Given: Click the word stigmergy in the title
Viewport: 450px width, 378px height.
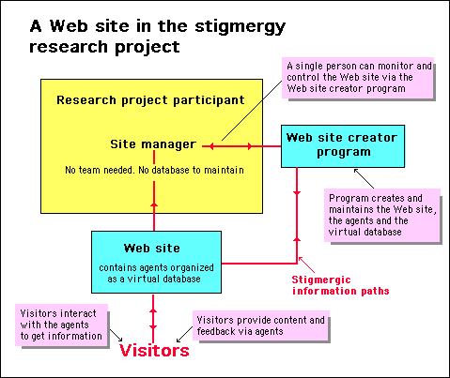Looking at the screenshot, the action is (240, 27).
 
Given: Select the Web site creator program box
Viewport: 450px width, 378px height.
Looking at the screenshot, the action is (343, 146).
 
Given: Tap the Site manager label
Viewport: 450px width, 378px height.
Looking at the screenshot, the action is (153, 144).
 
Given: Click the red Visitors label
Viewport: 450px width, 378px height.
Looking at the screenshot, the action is (154, 350).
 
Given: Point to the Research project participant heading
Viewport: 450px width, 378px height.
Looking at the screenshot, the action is (150, 100).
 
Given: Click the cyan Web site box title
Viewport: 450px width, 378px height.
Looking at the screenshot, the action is (152, 249).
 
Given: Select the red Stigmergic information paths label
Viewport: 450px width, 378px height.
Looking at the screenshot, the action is (340, 285).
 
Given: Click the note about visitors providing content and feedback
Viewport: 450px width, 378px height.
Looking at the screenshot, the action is (260, 325).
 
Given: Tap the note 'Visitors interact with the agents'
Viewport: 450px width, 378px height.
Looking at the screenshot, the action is (61, 325).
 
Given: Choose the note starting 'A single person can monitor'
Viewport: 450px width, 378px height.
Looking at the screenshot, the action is (358, 78).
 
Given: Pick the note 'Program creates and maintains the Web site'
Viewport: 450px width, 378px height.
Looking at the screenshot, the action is (382, 215).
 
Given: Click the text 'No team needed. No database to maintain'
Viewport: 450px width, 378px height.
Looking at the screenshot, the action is (154, 170).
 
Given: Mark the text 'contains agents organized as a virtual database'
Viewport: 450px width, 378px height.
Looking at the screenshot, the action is (156, 273).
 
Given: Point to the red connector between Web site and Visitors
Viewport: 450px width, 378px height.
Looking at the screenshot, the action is (153, 319).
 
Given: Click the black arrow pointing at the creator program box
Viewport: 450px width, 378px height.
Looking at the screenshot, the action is (364, 178).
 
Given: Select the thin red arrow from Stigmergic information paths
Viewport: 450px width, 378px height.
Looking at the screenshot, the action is (306, 265).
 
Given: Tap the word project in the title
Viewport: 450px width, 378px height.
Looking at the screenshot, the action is (147, 48).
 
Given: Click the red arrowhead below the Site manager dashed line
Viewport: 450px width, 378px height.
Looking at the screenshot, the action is (154, 204).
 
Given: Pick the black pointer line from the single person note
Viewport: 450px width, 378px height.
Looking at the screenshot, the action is (252, 111).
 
